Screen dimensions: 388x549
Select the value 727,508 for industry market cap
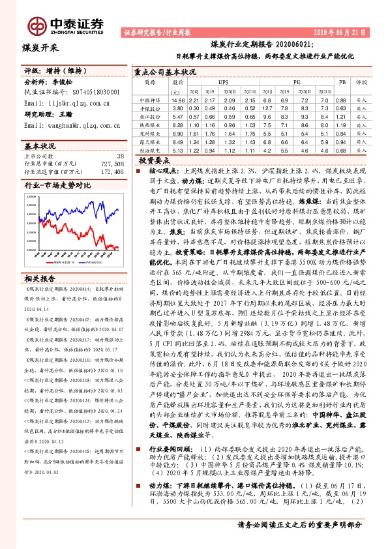109,164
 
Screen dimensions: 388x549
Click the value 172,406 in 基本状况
109,172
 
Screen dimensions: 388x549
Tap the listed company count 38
119,156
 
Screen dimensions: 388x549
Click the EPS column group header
223,83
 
